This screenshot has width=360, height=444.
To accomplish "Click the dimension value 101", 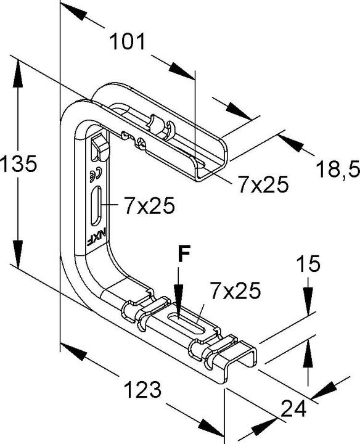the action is [127, 41].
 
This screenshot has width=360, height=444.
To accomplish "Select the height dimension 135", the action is [18, 163].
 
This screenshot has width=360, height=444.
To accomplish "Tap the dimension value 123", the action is [142, 390].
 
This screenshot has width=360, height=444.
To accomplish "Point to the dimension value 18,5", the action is [337, 170].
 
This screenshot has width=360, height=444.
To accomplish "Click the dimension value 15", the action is [308, 263].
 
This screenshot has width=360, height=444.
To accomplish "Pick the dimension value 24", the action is [293, 408].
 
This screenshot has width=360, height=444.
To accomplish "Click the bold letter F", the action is [184, 253].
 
